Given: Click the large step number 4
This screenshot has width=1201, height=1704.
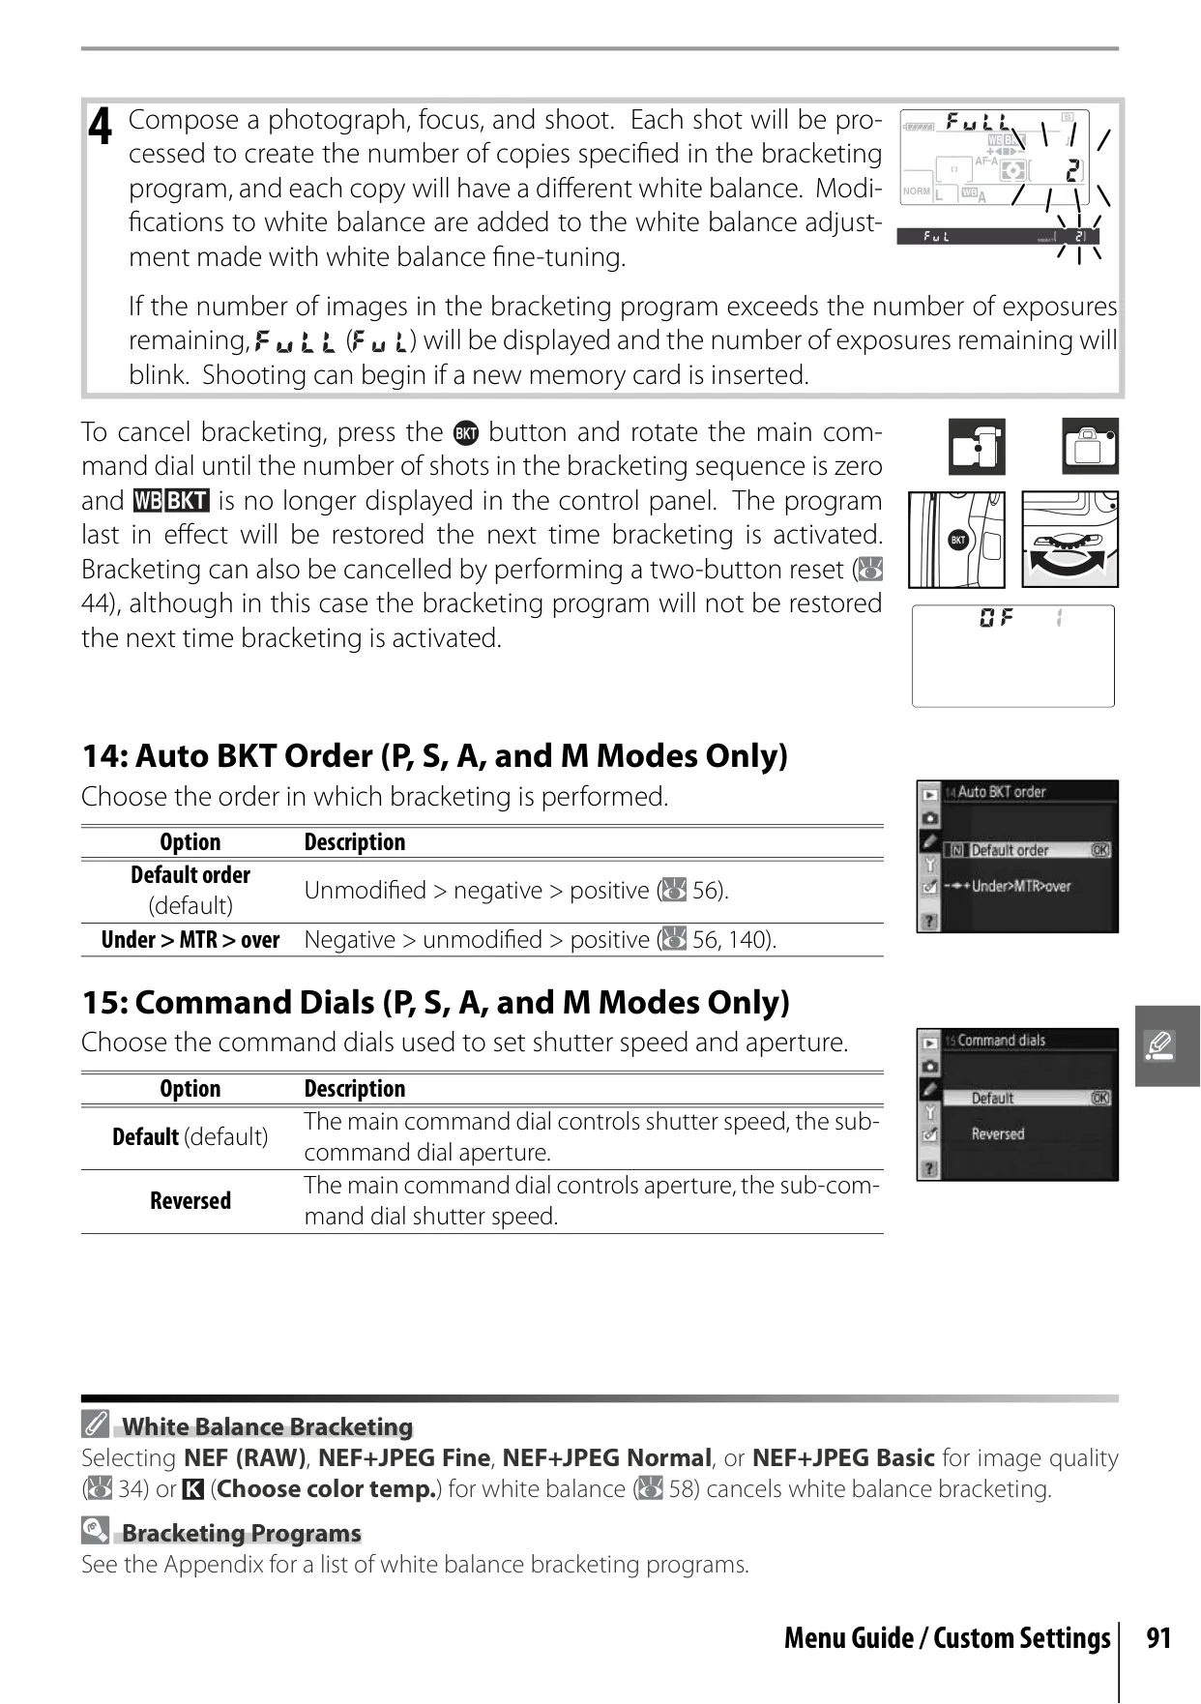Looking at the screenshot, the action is (x=101, y=127).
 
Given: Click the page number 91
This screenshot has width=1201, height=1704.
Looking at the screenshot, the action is (x=1158, y=1638).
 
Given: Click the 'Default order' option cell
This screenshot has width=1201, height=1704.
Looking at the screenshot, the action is (x=190, y=890).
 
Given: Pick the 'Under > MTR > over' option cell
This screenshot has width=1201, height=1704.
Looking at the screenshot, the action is (x=190, y=940).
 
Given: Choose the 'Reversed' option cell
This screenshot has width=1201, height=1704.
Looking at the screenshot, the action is (x=190, y=1201).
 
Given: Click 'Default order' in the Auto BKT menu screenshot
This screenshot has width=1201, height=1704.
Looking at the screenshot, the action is (x=1010, y=851).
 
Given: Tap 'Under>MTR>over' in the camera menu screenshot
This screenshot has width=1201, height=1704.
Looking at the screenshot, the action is (x=1021, y=886).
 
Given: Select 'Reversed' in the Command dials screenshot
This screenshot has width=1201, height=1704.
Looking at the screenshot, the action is (x=998, y=1133).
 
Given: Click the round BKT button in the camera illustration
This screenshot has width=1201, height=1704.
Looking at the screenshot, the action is (x=957, y=541).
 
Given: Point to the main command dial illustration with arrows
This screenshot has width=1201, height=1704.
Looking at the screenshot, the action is (x=1070, y=540).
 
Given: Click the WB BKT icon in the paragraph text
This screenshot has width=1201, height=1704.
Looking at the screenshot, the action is (x=171, y=501).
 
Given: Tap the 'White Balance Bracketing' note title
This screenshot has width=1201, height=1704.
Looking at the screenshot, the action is (x=267, y=1426).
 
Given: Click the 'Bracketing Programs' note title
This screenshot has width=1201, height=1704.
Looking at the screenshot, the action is (x=241, y=1533).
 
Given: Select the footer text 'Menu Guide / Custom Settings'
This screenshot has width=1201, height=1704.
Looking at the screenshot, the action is (x=948, y=1638).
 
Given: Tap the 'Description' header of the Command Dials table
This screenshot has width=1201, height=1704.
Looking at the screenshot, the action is (x=355, y=1089).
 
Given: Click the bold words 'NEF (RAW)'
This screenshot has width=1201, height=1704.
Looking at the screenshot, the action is (x=245, y=1458).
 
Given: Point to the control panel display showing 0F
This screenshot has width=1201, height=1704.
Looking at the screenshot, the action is (x=1013, y=656).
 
